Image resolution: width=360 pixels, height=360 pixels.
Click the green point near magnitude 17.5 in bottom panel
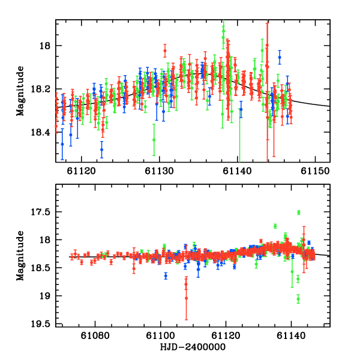[x=298, y=212]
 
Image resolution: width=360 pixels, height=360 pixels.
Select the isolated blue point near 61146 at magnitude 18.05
[x=280, y=57]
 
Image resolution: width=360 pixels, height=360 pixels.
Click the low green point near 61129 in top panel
[x=154, y=139]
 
